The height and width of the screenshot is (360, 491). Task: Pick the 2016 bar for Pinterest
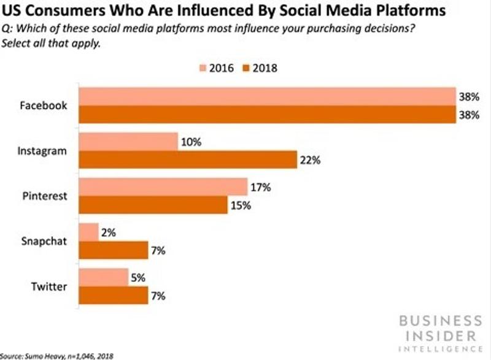(x=163, y=187)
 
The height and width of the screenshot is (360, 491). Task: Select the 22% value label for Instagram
(x=309, y=160)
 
